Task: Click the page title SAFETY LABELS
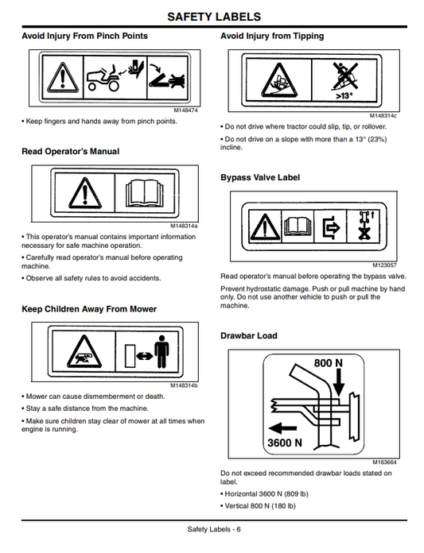(x=214, y=17)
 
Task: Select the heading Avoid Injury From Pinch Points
(x=85, y=36)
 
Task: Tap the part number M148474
(x=185, y=110)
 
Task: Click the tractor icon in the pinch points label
(x=103, y=79)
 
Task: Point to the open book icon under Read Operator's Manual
(x=145, y=193)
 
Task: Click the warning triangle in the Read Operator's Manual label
(x=85, y=193)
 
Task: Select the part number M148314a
(x=184, y=226)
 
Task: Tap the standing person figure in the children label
(x=161, y=352)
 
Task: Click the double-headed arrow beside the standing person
(x=145, y=356)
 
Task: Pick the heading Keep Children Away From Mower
(x=89, y=309)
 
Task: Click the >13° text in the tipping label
(x=344, y=95)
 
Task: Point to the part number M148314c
(x=383, y=116)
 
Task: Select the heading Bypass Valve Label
(x=260, y=177)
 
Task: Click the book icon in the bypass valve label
(x=298, y=226)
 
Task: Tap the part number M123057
(x=384, y=265)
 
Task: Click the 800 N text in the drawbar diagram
(x=329, y=363)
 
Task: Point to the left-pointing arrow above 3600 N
(x=282, y=428)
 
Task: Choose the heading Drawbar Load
(x=249, y=336)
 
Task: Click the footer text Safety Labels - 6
(x=214, y=529)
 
